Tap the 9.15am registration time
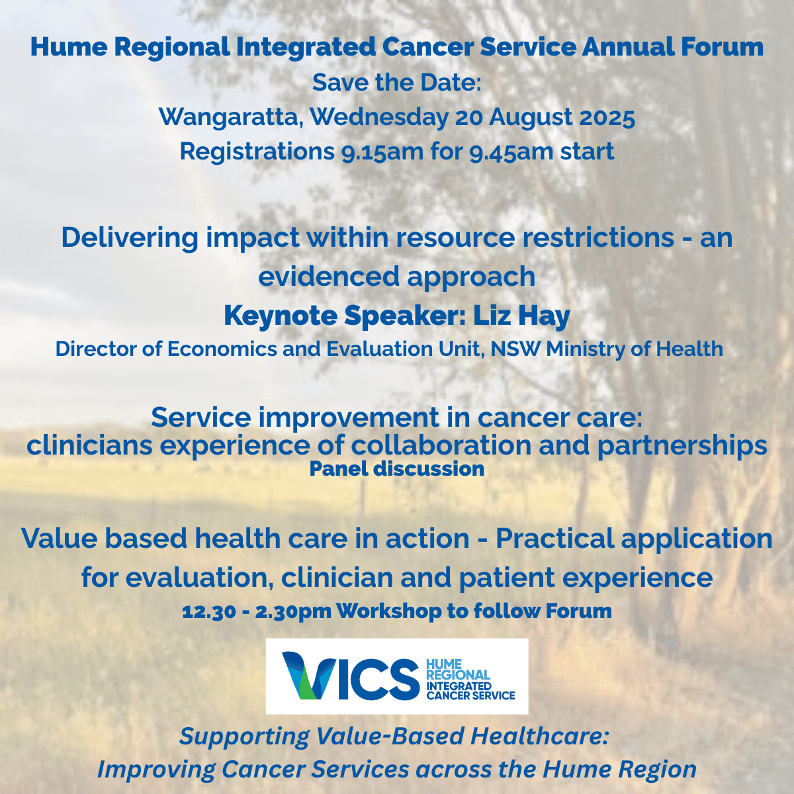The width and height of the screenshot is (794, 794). click(x=382, y=152)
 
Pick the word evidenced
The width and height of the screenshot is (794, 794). click(x=329, y=277)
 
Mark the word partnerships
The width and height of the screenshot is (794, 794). click(x=682, y=446)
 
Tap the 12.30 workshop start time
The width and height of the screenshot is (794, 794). click(x=209, y=611)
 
